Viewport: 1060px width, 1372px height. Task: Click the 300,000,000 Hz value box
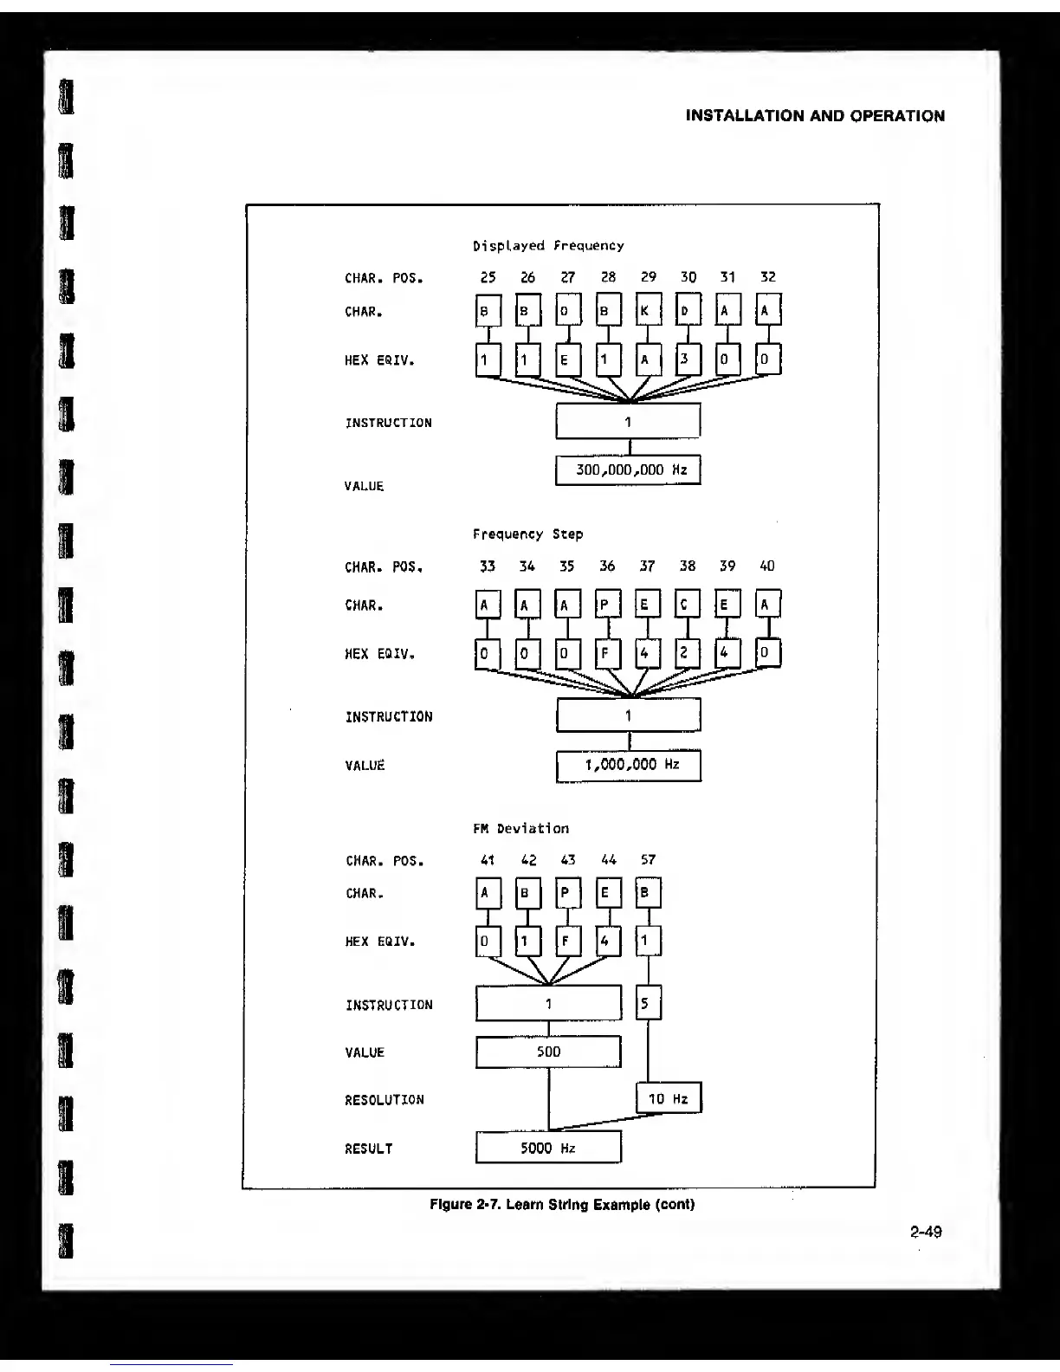pyautogui.click(x=628, y=470)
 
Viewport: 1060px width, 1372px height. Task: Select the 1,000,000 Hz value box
pyautogui.click(x=628, y=765)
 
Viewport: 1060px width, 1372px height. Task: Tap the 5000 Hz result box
pyautogui.click(x=548, y=1148)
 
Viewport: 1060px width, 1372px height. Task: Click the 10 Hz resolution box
pyautogui.click(x=669, y=1098)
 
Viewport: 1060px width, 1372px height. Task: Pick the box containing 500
pyautogui.click(x=548, y=1052)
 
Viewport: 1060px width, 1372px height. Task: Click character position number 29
pyautogui.click(x=648, y=277)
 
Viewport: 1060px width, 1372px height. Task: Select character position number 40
pyautogui.click(x=766, y=566)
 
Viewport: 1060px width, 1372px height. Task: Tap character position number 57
pyautogui.click(x=648, y=860)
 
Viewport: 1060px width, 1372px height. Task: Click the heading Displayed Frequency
pyautogui.click(x=548, y=246)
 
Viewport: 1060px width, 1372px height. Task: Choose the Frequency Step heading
pyautogui.click(x=527, y=534)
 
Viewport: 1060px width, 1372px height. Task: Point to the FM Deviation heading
pyautogui.click(x=520, y=829)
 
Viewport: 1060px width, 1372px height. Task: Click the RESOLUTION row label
pyautogui.click(x=385, y=1100)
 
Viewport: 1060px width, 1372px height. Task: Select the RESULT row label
pyautogui.click(x=369, y=1149)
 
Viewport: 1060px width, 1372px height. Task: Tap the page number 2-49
pyautogui.click(x=926, y=1232)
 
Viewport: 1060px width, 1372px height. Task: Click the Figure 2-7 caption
pyautogui.click(x=562, y=1205)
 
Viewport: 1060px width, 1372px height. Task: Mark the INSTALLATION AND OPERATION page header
pyautogui.click(x=815, y=116)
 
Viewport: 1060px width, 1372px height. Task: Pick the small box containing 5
pyautogui.click(x=648, y=1004)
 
